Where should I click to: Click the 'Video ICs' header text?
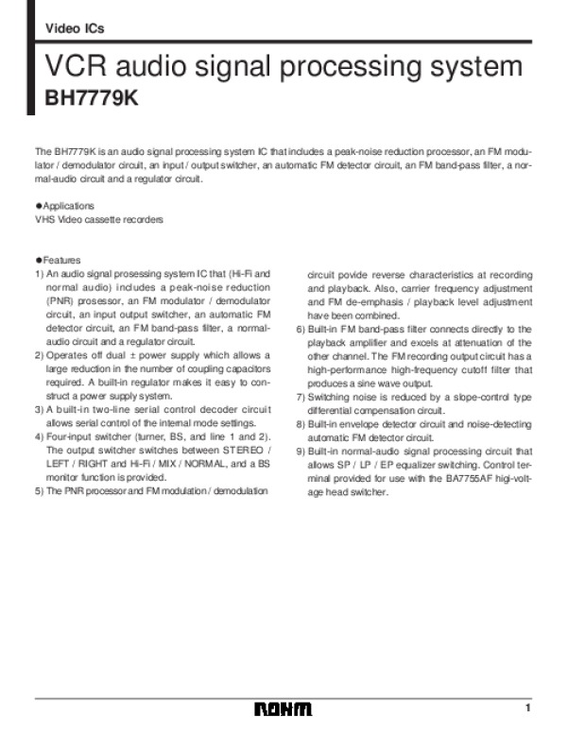(75, 29)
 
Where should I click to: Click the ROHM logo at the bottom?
(282, 709)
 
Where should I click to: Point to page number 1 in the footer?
(529, 708)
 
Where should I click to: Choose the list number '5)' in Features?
(39, 491)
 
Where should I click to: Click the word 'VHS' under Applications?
(44, 220)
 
